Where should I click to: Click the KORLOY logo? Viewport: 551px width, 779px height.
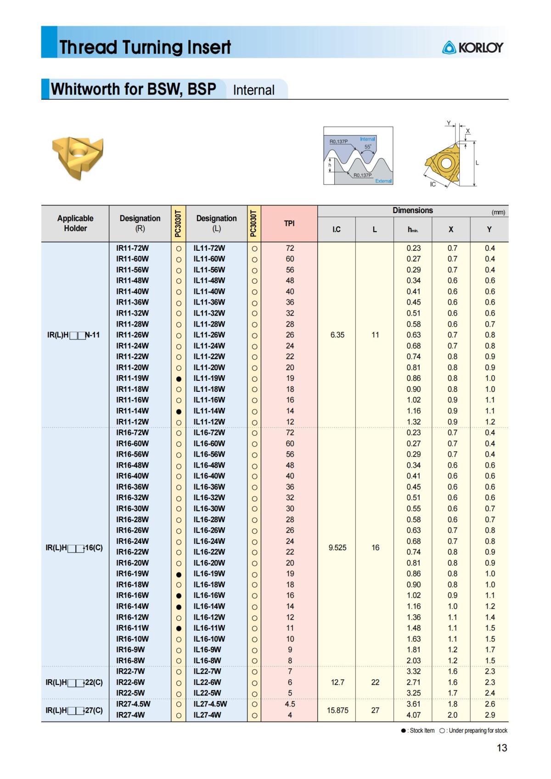472,47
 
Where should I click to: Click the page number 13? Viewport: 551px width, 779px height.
501,748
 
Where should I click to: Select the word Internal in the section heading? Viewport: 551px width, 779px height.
253,90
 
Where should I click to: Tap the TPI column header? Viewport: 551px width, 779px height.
289,223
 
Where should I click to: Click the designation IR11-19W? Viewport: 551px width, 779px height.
132,378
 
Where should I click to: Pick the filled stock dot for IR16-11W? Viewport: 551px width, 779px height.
179,628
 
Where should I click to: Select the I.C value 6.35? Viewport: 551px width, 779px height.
337,335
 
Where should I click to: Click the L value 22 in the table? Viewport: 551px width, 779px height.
375,682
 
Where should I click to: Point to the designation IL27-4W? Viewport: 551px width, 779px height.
207,715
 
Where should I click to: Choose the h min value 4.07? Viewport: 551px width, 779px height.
413,715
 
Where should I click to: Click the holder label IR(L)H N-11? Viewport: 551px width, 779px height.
73,335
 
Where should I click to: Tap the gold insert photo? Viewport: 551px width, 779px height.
78,157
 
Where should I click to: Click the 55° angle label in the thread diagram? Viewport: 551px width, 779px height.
368,147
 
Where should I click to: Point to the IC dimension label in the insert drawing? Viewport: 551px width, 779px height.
433,184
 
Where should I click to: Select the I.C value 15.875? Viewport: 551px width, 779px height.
337,710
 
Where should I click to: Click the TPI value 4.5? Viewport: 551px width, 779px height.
290,704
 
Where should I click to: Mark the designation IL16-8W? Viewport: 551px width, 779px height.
207,660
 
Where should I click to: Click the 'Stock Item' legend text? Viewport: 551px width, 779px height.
422,730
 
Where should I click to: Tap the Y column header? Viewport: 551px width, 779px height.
489,229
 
